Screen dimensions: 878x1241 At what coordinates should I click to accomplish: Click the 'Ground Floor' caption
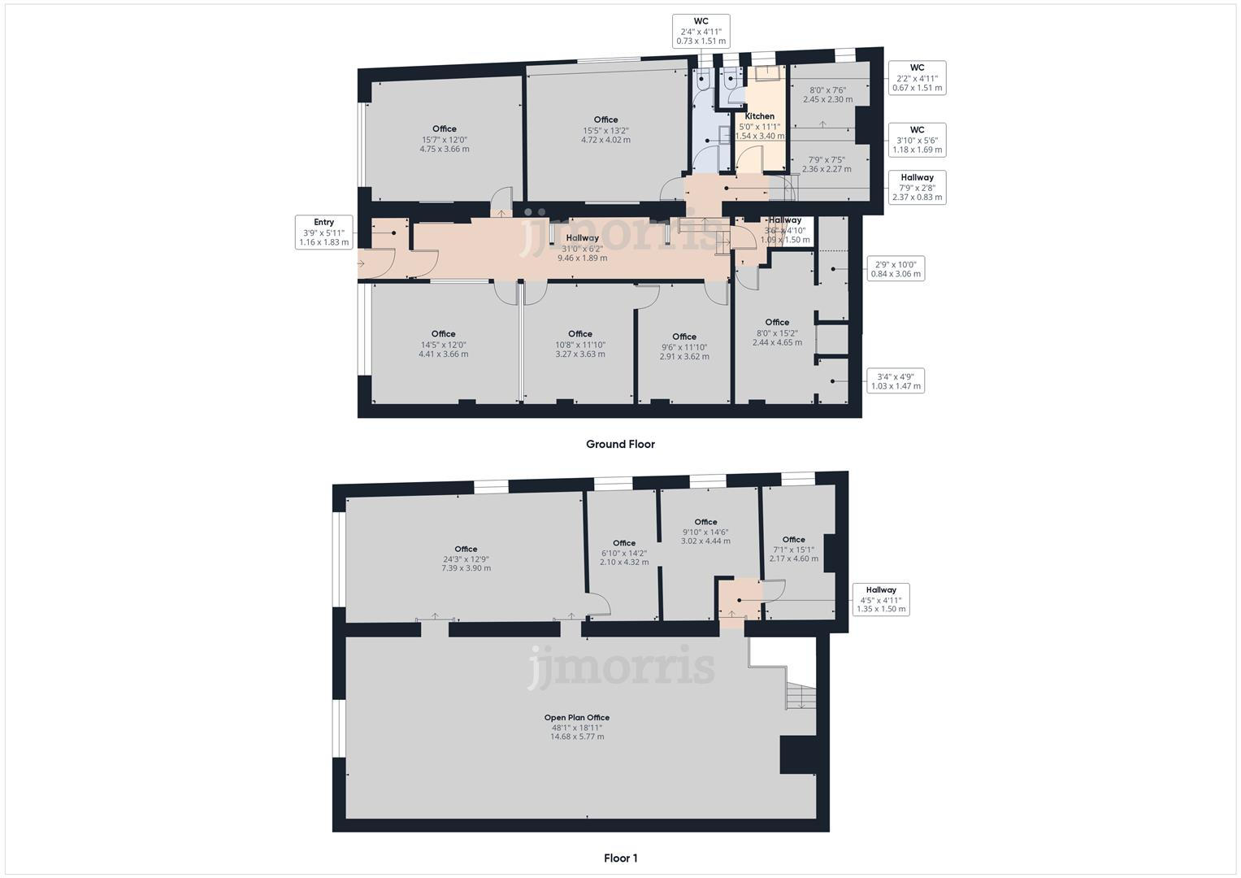(x=620, y=444)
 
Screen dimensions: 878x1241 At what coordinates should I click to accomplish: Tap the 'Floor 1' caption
(x=620, y=858)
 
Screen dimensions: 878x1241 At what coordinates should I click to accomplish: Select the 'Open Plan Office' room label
(x=576, y=718)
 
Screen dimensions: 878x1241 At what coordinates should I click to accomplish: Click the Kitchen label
(x=759, y=116)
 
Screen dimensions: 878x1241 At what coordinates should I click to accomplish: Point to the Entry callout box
(x=323, y=232)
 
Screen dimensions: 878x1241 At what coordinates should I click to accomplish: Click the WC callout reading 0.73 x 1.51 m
(x=701, y=31)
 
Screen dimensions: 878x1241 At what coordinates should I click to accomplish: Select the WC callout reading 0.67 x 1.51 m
(x=917, y=78)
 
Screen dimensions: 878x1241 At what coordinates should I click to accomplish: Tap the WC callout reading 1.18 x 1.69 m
(x=917, y=140)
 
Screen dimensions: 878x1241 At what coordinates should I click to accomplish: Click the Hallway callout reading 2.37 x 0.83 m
(x=917, y=187)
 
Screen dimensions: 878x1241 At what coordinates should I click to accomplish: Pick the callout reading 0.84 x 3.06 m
(x=896, y=269)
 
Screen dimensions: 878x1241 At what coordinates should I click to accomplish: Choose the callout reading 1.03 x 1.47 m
(x=896, y=380)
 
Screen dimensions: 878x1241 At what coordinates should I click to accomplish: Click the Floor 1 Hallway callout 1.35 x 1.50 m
(x=880, y=600)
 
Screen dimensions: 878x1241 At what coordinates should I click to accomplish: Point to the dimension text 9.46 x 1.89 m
(x=582, y=259)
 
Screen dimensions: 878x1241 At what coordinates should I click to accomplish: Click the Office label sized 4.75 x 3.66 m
(x=444, y=128)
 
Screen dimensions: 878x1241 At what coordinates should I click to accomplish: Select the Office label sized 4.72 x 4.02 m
(x=605, y=120)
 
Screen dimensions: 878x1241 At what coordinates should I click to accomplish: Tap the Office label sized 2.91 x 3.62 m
(x=683, y=337)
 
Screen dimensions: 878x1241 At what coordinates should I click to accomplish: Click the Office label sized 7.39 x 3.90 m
(x=466, y=549)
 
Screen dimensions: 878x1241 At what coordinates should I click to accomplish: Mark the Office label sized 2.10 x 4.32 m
(x=623, y=543)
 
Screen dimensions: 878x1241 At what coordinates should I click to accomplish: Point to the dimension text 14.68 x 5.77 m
(x=576, y=737)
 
